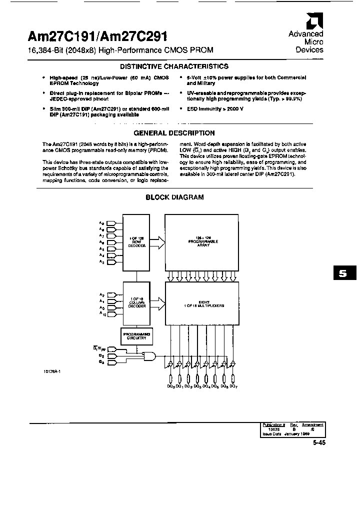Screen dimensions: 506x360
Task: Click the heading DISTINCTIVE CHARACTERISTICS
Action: coord(174,66)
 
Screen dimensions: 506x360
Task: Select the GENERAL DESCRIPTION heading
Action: coord(174,133)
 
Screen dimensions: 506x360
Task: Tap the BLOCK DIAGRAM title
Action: coord(174,197)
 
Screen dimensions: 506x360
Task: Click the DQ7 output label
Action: coord(233,386)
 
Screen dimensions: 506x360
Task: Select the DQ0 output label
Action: coord(171,386)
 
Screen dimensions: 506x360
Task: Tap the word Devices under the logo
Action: coord(309,50)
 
